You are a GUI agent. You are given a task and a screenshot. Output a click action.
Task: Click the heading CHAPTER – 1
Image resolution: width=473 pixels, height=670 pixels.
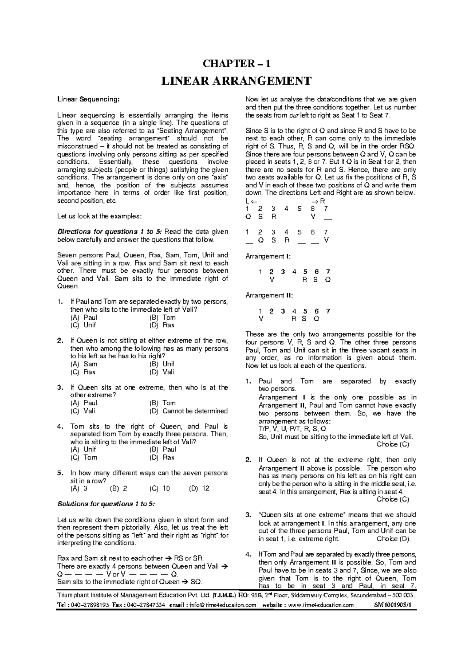(x=236, y=64)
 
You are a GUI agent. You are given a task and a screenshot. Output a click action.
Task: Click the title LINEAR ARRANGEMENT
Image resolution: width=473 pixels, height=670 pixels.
(x=236, y=81)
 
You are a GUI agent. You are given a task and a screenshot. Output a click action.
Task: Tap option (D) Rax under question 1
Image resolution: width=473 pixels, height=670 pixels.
(x=162, y=325)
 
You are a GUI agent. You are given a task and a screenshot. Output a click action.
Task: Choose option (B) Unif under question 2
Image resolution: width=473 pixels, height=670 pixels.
(x=162, y=364)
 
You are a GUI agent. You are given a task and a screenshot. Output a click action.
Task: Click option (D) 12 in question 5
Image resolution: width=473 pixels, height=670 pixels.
(x=199, y=488)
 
